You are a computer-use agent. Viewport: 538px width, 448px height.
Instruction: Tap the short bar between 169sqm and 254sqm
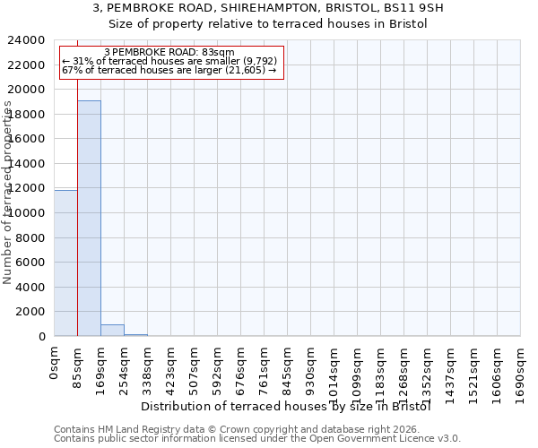coord(112,330)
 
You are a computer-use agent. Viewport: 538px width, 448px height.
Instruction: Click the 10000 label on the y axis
coord(28,213)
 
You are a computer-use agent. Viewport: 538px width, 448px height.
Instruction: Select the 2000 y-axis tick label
coord(31,312)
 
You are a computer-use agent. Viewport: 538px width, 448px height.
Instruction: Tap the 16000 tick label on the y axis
coord(28,139)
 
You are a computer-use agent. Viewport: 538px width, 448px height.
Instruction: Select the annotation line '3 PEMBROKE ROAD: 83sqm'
coord(169,52)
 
